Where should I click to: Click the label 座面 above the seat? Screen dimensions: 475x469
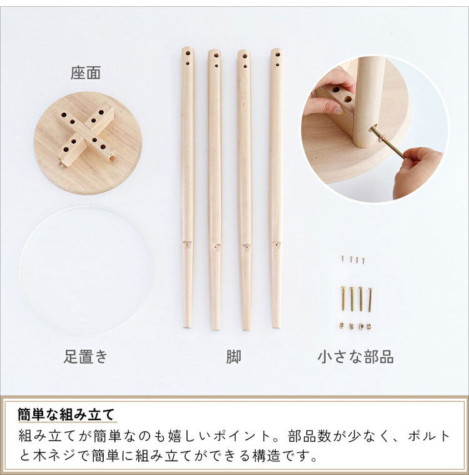86,73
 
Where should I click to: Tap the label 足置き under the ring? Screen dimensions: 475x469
86,357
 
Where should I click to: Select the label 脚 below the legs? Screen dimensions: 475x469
234,357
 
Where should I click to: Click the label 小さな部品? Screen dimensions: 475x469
355,357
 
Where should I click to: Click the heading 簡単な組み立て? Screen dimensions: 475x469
66,414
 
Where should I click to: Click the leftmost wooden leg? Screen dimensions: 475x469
187,187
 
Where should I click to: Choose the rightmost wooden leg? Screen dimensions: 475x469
276,187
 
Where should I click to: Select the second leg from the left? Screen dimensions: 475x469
214,187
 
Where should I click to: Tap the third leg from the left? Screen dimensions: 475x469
245,187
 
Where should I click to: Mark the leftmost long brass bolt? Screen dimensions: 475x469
343,299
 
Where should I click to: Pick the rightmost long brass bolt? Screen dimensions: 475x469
370,299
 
